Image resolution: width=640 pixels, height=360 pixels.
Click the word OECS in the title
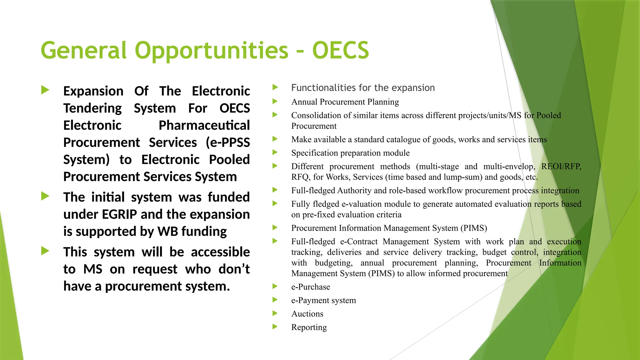coord(340,51)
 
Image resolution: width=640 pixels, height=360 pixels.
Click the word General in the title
coord(84,51)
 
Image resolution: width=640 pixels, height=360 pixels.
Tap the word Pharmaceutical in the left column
coord(204,125)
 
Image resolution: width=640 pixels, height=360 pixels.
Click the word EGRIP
coord(119,214)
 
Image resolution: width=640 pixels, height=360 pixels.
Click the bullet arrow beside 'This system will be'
coord(45,251)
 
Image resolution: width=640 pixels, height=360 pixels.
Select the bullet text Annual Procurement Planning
coord(345,102)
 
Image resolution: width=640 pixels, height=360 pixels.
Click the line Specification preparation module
coord(350,153)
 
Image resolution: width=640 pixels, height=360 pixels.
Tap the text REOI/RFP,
coord(561,166)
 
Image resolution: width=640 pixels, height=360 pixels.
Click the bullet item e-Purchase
coord(311,287)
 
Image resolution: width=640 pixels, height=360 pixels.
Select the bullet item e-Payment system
coord(323,300)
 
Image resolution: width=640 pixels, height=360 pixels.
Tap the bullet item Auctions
coord(307,314)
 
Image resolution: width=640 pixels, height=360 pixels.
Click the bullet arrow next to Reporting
coord(275,327)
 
